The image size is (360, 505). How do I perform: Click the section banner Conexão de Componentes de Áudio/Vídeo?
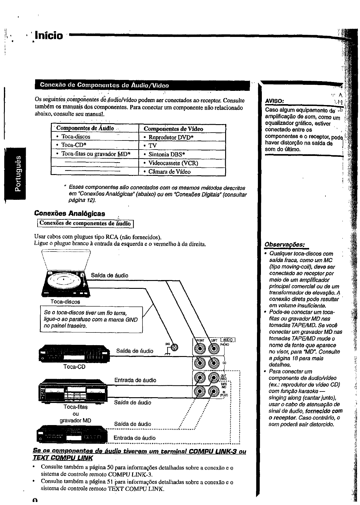[x=105, y=85]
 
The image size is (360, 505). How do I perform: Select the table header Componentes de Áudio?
[x=85, y=128]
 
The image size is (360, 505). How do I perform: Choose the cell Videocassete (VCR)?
[x=173, y=163]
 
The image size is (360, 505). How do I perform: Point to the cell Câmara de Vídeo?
[x=169, y=172]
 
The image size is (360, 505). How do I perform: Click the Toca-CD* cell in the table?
[x=74, y=145]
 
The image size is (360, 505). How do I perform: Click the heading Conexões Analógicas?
[x=70, y=213]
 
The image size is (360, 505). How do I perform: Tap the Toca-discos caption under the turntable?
[x=65, y=302]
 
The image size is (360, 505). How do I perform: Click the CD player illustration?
[x=74, y=353]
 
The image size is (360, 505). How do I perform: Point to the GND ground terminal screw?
[x=175, y=348]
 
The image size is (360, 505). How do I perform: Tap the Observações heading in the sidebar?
[x=285, y=244]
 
